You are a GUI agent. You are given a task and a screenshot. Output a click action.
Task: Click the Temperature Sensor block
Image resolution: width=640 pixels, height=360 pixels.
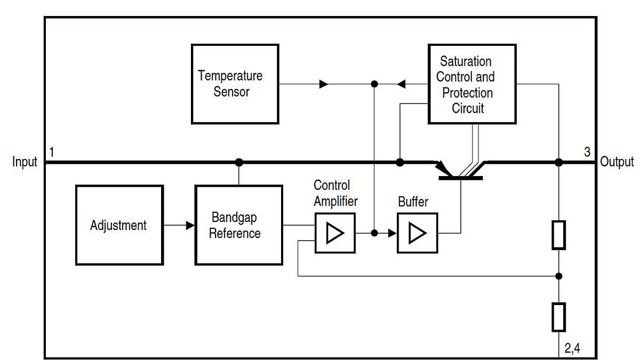[x=235, y=84]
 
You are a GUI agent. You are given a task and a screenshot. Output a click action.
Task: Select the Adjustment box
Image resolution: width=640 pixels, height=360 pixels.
[x=119, y=225]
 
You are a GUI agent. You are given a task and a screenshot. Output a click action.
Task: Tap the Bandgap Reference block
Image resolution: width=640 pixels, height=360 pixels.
[x=238, y=225]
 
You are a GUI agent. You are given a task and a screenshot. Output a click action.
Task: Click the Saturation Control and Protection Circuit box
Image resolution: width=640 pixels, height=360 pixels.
[x=471, y=84]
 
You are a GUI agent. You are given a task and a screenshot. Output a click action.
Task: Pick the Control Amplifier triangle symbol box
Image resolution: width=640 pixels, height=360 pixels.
[x=335, y=233]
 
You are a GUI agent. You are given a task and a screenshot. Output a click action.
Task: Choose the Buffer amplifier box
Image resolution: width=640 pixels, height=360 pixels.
[x=417, y=233]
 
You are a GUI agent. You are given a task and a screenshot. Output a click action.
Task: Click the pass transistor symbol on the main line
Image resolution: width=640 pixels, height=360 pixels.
[x=460, y=171]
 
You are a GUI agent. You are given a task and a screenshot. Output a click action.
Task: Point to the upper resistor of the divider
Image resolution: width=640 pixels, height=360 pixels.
[x=558, y=235]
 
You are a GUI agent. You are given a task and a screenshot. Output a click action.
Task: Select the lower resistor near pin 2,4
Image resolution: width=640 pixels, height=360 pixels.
[x=558, y=317]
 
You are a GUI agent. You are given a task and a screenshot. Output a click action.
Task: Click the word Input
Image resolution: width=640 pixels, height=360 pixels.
[x=25, y=162]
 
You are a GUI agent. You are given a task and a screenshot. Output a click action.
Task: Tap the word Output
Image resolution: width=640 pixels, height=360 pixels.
[x=617, y=162]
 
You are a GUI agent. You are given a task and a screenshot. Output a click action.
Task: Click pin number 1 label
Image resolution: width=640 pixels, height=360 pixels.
[x=52, y=152]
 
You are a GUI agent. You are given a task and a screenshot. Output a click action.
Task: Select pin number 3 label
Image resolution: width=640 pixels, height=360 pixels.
[x=587, y=152]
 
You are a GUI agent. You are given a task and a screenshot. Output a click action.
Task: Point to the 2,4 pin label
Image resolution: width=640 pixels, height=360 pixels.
[x=572, y=349]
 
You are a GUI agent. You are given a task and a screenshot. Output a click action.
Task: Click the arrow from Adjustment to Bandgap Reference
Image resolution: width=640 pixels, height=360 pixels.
[x=189, y=226]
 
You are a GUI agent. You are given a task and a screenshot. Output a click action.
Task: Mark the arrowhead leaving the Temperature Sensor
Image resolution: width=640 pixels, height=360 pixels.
[x=324, y=84]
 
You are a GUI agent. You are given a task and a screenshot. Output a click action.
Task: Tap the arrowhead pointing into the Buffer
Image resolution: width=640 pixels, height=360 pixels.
[x=393, y=233]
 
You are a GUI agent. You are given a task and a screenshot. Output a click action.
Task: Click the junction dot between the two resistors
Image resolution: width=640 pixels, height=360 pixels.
[x=558, y=276]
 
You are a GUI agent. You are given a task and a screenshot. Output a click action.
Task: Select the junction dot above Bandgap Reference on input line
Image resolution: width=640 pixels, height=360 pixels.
[x=239, y=162]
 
